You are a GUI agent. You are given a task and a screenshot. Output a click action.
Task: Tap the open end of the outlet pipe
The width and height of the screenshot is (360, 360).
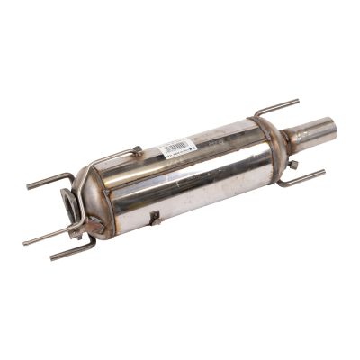point(326,130)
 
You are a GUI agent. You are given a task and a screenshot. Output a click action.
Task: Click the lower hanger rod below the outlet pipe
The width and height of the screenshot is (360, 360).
point(302,178)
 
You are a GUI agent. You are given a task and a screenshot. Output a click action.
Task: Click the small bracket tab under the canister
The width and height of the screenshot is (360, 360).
point(154,218)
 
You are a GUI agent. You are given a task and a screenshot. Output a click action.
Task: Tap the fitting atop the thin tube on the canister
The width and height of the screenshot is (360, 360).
point(135,151)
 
